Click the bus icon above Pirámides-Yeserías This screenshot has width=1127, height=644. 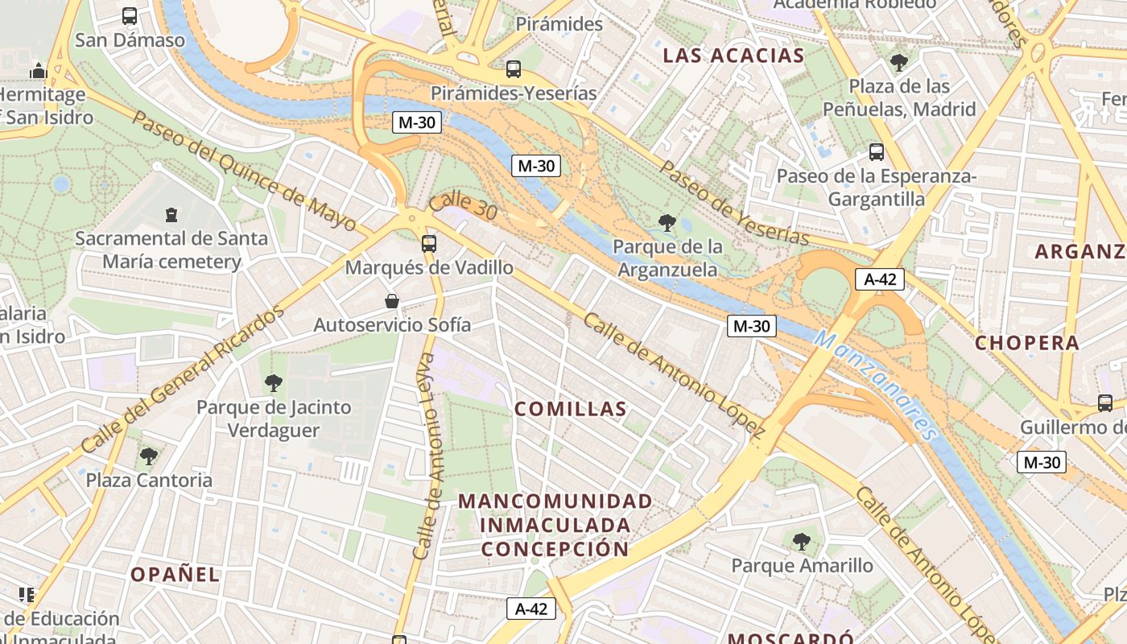pos(514,69)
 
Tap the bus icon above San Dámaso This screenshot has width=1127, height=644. pos(130,15)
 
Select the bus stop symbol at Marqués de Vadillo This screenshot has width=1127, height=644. pos(429,243)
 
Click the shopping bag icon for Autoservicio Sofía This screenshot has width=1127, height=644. pos(392,301)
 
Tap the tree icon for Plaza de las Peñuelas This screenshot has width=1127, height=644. pos(899,62)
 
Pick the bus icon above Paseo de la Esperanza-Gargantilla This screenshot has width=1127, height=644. pos(877,151)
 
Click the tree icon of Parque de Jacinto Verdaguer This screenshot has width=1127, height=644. pos(274,382)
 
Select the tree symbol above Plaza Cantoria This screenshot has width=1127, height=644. pos(149,456)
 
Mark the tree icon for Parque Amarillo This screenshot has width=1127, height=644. pos(802,541)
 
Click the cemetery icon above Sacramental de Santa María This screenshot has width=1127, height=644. pos(171,214)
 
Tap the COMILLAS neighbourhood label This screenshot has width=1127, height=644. pos(571,409)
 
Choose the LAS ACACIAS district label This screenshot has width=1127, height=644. pos(733,56)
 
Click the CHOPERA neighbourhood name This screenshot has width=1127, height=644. pos(1027,343)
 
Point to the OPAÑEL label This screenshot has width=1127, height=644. pos(175,574)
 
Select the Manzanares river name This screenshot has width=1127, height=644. pos(876,385)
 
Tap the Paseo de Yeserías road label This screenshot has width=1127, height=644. pos(733,203)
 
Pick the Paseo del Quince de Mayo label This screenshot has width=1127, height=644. pos(243,171)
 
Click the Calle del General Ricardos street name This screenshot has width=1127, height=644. pos(183,379)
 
